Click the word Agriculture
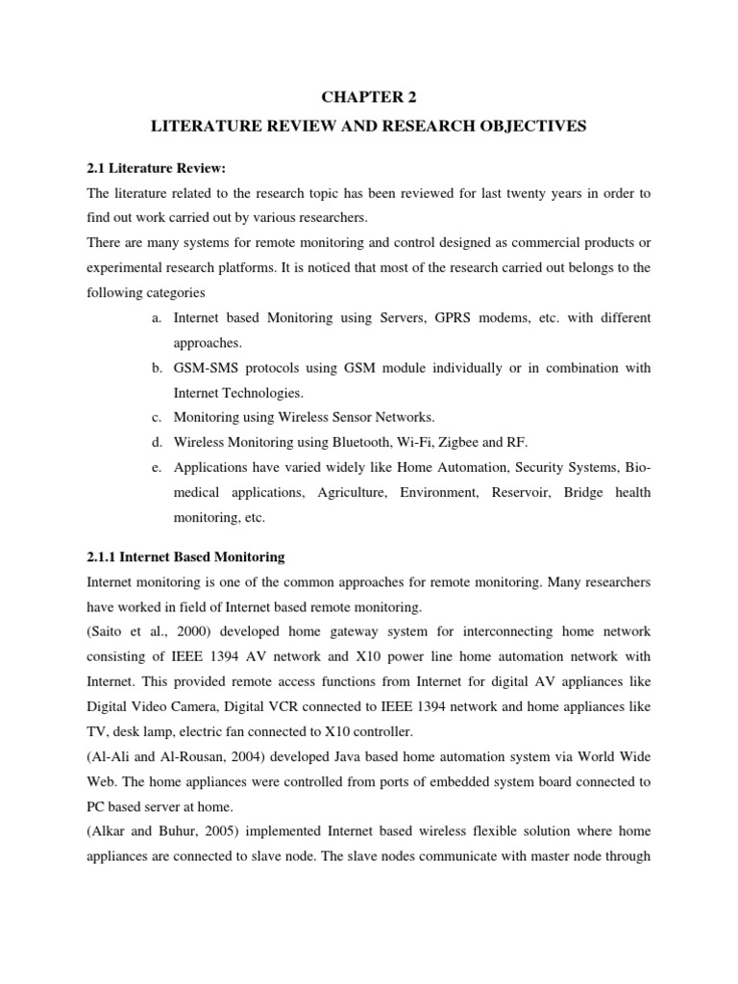point(352,492)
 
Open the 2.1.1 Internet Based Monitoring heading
point(185,557)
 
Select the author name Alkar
point(110,831)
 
